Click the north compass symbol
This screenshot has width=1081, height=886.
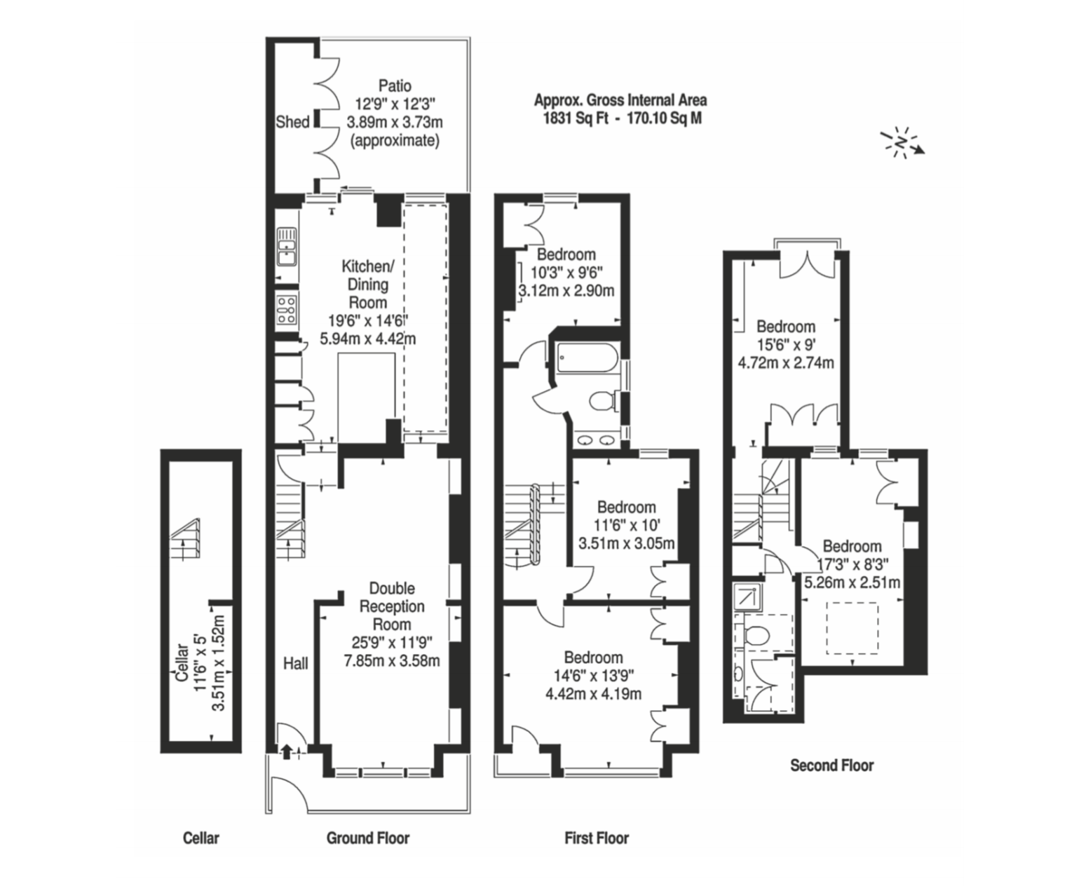902,142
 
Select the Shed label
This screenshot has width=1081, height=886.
292,122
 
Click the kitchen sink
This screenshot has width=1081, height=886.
287,247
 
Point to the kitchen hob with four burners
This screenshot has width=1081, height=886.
287,310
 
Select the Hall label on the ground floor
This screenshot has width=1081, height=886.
296,664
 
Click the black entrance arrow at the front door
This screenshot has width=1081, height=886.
287,751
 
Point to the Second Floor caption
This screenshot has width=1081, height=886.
832,765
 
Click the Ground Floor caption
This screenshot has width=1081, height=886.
368,838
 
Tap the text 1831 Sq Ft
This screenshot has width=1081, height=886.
575,118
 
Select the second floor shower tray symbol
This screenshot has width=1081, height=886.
748,597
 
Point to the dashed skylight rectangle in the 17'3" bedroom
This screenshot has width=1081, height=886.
852,628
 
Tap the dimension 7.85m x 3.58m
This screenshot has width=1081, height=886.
392,661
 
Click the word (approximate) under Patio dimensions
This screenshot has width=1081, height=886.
395,140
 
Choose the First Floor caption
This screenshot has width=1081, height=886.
597,838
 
